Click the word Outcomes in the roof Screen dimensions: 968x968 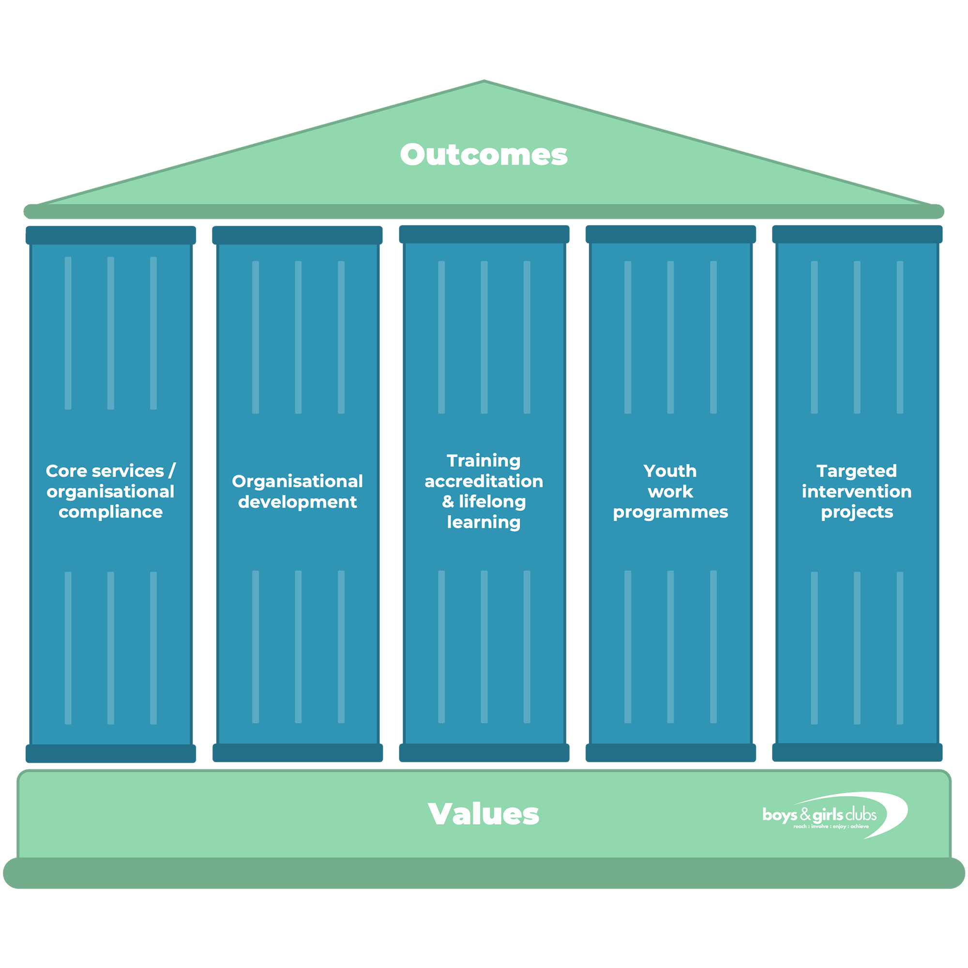tap(484, 154)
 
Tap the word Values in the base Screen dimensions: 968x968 tap(484, 814)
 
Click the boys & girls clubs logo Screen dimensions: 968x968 tap(834, 815)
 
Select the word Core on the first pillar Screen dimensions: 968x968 tap(59, 471)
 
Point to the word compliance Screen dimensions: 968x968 tap(110, 512)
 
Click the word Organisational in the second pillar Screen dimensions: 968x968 tap(297, 482)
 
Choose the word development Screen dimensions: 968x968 tap(297, 502)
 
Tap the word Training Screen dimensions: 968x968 tap(484, 460)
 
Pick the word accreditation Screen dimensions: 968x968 tap(484, 482)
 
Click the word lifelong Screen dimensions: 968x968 tap(492, 501)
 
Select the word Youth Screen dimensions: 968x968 tap(670, 471)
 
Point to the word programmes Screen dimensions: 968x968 tap(670, 512)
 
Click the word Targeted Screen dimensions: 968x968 tap(856, 471)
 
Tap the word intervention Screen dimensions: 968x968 tap(856, 492)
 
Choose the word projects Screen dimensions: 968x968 tap(856, 512)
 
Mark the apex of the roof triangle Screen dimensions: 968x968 tap(484, 84)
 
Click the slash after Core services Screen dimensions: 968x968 tap(172, 471)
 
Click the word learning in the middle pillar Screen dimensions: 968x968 tap(484, 523)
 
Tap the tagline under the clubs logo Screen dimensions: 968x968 tap(831, 826)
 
